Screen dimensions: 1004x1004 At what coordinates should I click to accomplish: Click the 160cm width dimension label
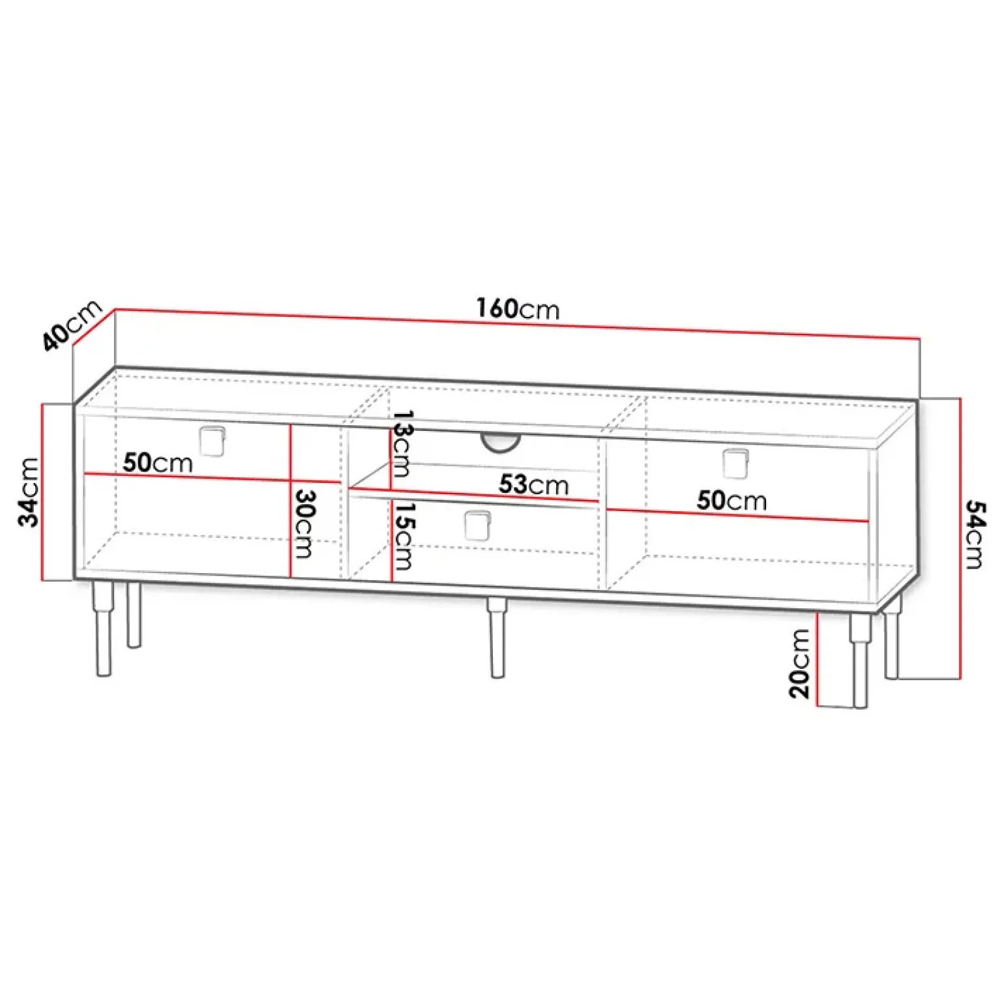[518, 308]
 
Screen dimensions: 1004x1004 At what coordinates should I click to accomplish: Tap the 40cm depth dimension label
[72, 325]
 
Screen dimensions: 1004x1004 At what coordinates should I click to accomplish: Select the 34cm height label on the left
[29, 492]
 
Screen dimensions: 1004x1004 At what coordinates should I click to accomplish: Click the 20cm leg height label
[799, 664]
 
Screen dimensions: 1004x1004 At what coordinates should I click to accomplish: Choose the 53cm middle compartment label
[534, 484]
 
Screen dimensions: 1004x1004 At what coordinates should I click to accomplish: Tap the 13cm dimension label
[402, 444]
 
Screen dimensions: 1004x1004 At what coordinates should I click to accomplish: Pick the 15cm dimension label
[403, 537]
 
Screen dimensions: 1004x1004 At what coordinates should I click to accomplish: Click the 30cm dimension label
[304, 524]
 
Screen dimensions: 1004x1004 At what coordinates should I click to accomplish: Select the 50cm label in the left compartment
[158, 463]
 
